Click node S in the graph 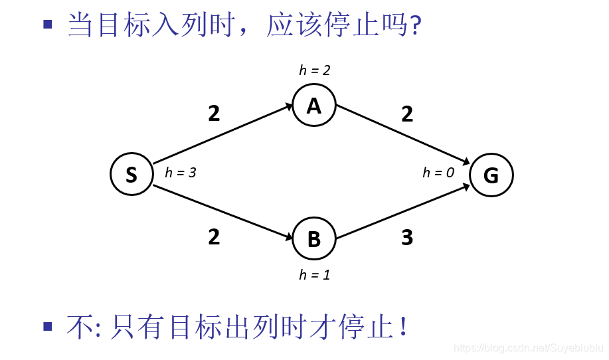pyautogui.click(x=131, y=174)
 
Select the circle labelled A pyautogui.click(x=314, y=106)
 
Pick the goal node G pyautogui.click(x=491, y=175)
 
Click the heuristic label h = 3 pyautogui.click(x=181, y=173)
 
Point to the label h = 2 pyautogui.click(x=315, y=70)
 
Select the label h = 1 pyautogui.click(x=315, y=275)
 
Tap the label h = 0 pyautogui.click(x=438, y=173)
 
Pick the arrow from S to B pyautogui.click(x=223, y=212)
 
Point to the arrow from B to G pyautogui.click(x=404, y=212)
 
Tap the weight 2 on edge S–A pyautogui.click(x=214, y=114)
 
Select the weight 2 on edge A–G pyautogui.click(x=407, y=114)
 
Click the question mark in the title pyautogui.click(x=416, y=27)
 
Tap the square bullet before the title pyautogui.click(x=47, y=25)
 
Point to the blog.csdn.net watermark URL pyautogui.click(x=528, y=347)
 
